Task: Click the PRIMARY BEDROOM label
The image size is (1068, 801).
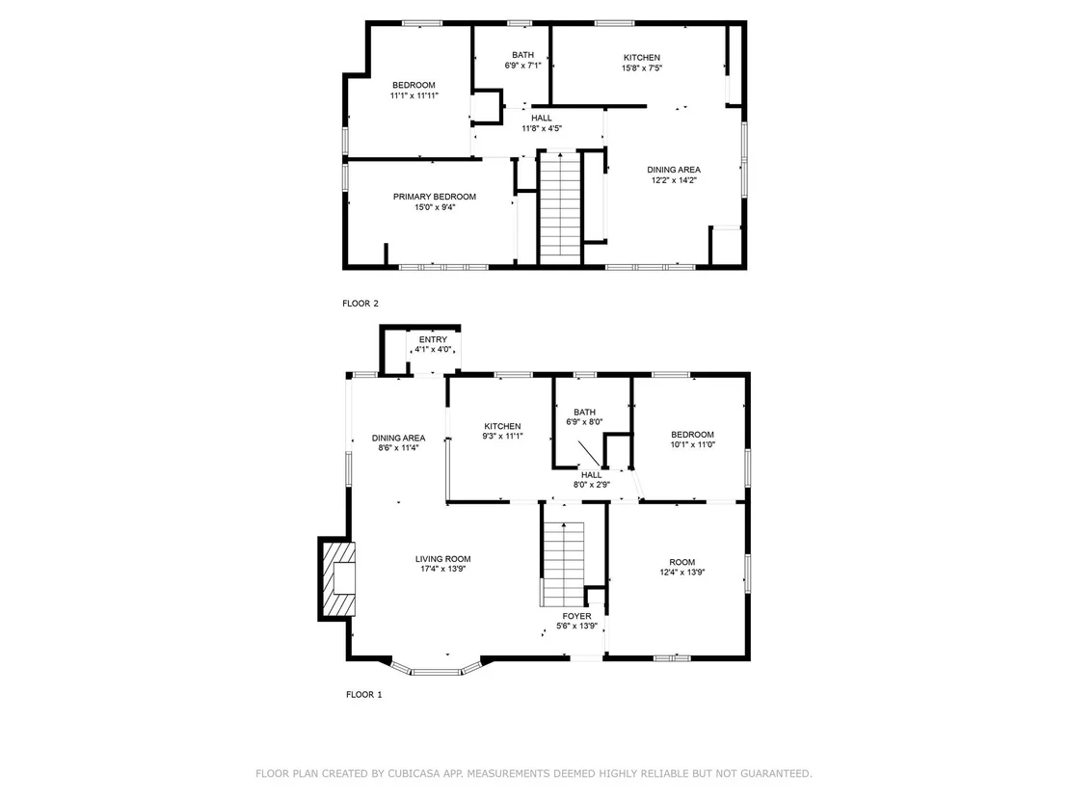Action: click(x=435, y=197)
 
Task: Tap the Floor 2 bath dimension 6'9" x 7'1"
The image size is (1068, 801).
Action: click(x=523, y=66)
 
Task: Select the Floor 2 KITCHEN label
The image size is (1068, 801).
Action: click(x=642, y=58)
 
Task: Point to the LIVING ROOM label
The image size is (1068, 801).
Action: click(x=442, y=559)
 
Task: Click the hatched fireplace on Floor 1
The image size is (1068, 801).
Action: click(x=337, y=578)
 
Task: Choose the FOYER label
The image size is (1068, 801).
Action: click(x=577, y=616)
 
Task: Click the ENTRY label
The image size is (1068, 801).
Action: click(x=433, y=339)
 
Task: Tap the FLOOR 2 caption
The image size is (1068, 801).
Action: click(x=360, y=304)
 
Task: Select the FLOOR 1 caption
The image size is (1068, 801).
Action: click(x=364, y=695)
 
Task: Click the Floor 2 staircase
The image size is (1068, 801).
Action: click(x=560, y=206)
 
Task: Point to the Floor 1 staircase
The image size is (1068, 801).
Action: click(x=563, y=564)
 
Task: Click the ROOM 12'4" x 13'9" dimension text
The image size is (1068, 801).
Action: click(x=681, y=573)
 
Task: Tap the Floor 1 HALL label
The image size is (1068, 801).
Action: click(x=591, y=475)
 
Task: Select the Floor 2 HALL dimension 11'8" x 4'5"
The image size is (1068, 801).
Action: click(x=542, y=128)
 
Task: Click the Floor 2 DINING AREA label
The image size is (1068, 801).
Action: click(x=674, y=170)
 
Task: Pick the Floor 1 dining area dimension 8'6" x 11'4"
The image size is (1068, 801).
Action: click(x=398, y=447)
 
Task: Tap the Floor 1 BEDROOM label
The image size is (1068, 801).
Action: click(x=693, y=435)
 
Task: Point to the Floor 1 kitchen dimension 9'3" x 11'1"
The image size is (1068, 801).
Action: click(x=502, y=436)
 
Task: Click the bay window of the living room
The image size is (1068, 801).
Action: click(x=436, y=672)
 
